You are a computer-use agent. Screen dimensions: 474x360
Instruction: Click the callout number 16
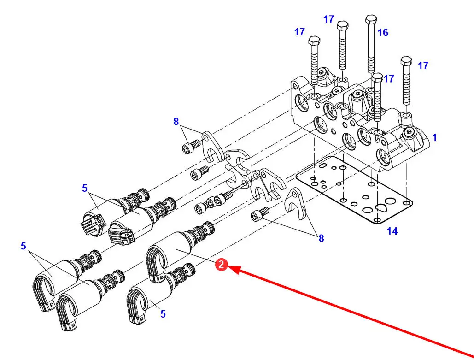point(383,32)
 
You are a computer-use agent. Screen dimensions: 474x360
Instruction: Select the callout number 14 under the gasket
point(392,231)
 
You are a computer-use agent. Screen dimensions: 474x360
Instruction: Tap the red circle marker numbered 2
point(221,265)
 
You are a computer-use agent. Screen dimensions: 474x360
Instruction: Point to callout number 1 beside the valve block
point(434,138)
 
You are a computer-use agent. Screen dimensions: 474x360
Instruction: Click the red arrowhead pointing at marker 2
point(234,269)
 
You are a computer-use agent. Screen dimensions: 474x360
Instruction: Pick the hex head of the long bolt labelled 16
point(371,19)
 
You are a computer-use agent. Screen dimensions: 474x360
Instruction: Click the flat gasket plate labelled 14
point(355,190)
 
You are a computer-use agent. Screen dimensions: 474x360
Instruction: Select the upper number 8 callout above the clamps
point(176,121)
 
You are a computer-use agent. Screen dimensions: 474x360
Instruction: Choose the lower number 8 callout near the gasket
point(321,238)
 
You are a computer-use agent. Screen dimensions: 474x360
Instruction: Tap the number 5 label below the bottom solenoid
point(163,314)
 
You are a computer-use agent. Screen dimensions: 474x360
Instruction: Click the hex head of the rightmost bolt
point(406,61)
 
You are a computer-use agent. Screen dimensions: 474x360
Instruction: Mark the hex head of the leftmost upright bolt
point(314,41)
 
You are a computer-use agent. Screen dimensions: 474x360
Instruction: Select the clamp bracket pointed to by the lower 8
point(296,203)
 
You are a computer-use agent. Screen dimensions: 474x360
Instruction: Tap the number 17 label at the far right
point(423,65)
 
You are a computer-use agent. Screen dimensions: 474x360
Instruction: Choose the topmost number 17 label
point(328,19)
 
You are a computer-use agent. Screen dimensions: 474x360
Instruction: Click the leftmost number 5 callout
point(23,246)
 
